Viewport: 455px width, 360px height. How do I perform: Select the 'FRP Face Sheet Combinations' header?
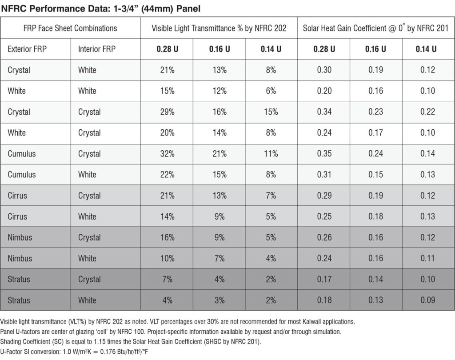(70, 28)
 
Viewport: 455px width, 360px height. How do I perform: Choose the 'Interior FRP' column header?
(96, 49)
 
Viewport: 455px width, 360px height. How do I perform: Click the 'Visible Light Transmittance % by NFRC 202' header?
(219, 28)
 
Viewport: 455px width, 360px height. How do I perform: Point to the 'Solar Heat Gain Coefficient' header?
(375, 28)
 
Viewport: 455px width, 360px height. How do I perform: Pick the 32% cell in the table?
(167, 154)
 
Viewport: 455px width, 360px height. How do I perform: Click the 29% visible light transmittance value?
(167, 112)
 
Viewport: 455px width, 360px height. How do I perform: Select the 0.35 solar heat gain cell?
(324, 154)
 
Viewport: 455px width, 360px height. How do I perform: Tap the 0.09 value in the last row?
(428, 300)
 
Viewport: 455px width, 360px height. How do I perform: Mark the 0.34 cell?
(324, 112)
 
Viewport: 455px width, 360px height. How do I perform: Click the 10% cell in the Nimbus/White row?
(167, 258)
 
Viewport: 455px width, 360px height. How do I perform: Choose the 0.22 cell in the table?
(428, 112)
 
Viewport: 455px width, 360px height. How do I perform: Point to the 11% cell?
(271, 154)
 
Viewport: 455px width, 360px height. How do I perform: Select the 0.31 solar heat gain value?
(324, 175)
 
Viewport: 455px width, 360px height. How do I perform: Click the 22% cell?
(167, 175)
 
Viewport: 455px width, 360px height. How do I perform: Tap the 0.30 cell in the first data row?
(324, 70)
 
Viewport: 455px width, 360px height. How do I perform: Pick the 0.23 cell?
(376, 112)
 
